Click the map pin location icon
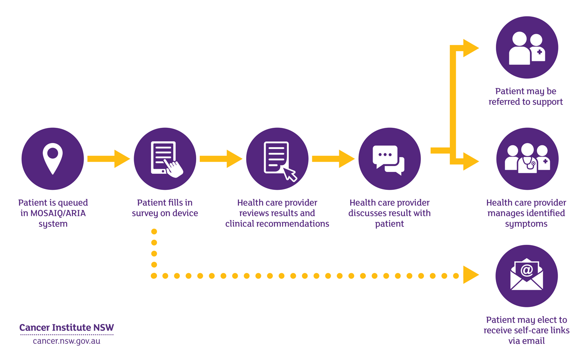53,159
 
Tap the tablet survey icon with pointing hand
165,159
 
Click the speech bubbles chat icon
389,159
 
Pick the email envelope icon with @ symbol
526,276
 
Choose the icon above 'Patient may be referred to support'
526,48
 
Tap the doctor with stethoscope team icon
527,159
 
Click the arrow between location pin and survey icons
108,159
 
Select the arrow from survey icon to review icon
220,159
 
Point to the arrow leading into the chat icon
333,159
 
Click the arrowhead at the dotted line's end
470,275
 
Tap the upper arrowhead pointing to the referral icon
470,48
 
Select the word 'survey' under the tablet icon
145,213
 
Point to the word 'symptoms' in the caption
526,224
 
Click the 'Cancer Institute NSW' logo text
67,328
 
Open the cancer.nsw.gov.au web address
67,341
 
